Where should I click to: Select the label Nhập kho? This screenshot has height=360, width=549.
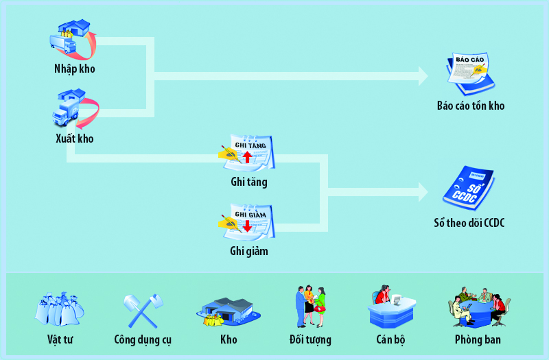[x=74, y=69]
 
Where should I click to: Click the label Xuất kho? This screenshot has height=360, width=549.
[x=74, y=139]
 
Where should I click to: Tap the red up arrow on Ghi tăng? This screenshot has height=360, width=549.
[x=247, y=157]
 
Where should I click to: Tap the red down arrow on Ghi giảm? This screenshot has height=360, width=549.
[x=247, y=225]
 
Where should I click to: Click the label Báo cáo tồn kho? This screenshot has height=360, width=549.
[x=471, y=106]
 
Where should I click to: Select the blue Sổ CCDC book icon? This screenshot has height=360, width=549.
[x=469, y=188]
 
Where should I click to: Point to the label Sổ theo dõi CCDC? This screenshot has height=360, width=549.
[x=469, y=223]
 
